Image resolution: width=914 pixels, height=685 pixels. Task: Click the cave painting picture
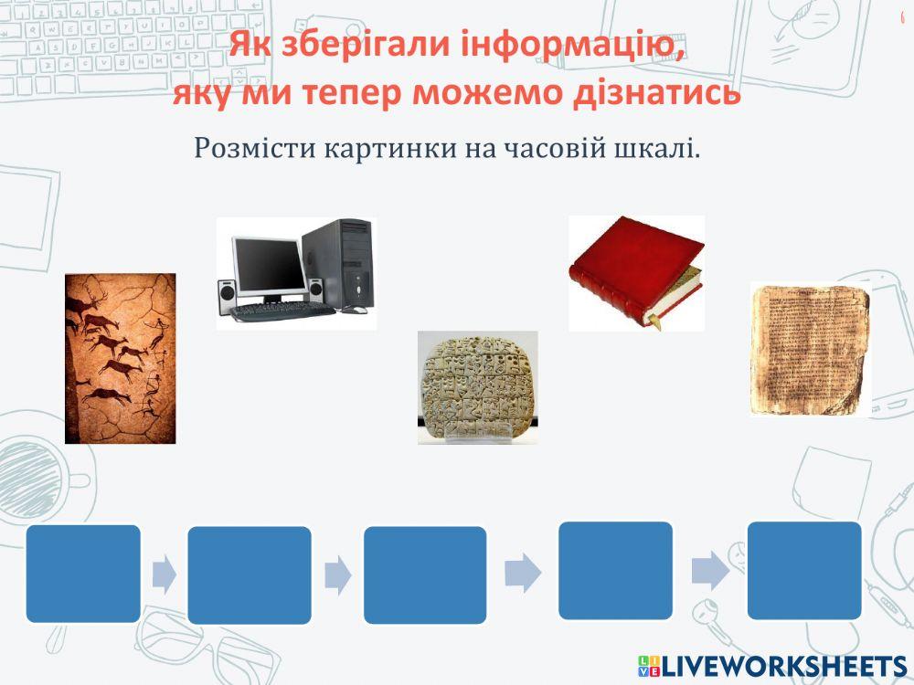pyautogui.click(x=120, y=358)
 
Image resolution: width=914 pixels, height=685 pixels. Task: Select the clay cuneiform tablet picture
pyautogui.click(x=477, y=387)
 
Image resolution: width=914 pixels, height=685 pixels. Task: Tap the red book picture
pyautogui.click(x=636, y=272)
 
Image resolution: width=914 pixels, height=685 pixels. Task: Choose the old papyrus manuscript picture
pyautogui.click(x=809, y=350)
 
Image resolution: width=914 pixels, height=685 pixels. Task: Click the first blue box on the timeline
pyautogui.click(x=83, y=574)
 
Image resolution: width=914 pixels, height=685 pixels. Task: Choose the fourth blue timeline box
pyautogui.click(x=615, y=570)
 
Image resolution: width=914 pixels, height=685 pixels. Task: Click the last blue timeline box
pyautogui.click(x=804, y=570)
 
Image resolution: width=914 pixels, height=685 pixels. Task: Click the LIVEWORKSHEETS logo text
pyautogui.click(x=781, y=665)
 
